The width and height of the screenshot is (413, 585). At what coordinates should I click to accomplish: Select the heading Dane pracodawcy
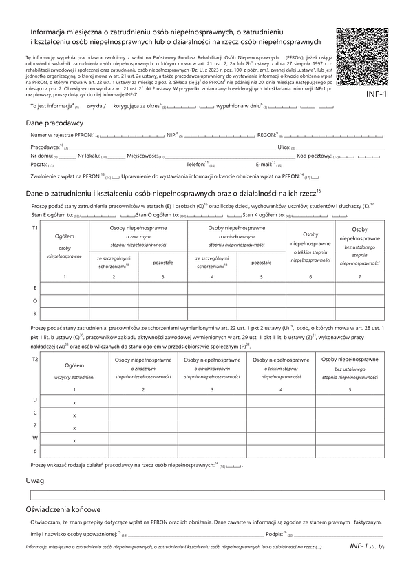point(53,122)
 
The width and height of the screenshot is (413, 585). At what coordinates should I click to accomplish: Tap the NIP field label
point(171,136)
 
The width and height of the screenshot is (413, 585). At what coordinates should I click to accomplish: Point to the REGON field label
point(265,136)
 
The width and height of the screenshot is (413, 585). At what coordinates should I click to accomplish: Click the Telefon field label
point(196,165)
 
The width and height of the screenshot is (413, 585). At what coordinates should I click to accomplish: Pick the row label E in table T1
point(35,287)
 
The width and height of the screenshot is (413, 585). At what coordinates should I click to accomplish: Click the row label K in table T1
point(35,314)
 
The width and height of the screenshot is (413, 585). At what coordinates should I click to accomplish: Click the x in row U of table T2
point(74,402)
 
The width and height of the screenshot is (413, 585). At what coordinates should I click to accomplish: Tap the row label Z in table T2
point(35,426)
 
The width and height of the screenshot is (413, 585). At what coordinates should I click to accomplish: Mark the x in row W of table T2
point(74,439)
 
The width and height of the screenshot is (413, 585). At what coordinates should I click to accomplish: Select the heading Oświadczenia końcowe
point(63,510)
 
